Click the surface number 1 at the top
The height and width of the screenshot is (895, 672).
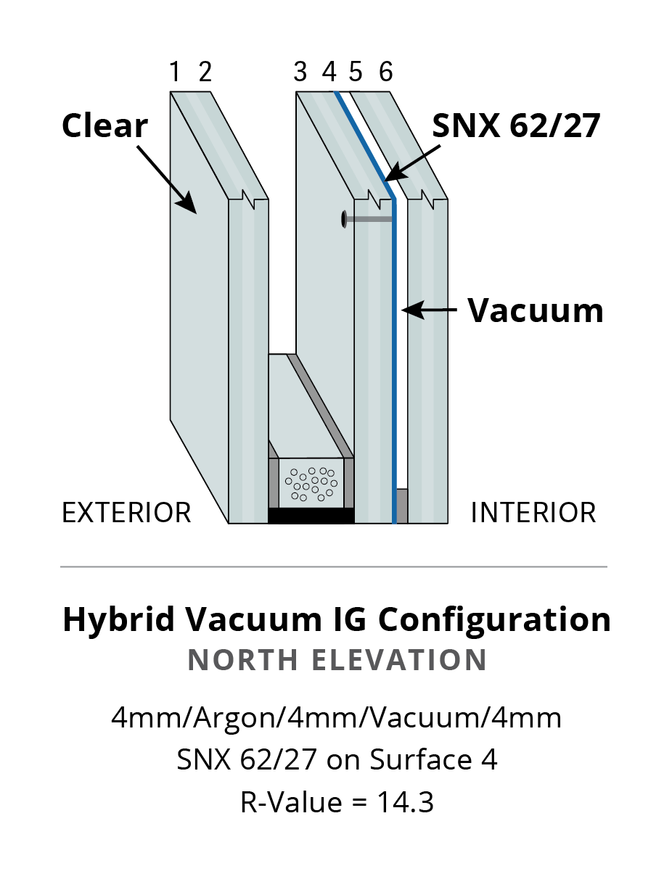pos(174,73)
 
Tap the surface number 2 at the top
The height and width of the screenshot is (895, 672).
pos(205,73)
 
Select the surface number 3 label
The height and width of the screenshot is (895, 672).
pos(300,73)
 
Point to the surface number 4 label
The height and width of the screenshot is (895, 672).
pos(329,73)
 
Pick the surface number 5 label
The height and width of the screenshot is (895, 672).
pos(356,73)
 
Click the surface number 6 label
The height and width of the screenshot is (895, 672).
pos(385,73)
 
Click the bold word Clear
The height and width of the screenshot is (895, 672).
pos(105,125)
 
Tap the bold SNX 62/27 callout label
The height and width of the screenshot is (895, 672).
pos(516,126)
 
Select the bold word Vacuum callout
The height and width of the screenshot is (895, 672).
pos(535,310)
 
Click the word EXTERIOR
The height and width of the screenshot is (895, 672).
pos(126,513)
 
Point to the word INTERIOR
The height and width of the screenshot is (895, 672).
pos(533,513)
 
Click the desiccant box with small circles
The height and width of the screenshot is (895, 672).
pos(311,483)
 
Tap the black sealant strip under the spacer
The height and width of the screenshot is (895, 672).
pos(311,516)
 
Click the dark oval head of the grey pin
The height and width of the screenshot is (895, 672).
pos(343,219)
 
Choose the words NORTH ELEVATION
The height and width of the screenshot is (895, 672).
pos(337,660)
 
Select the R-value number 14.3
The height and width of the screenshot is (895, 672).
pos(405,803)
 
